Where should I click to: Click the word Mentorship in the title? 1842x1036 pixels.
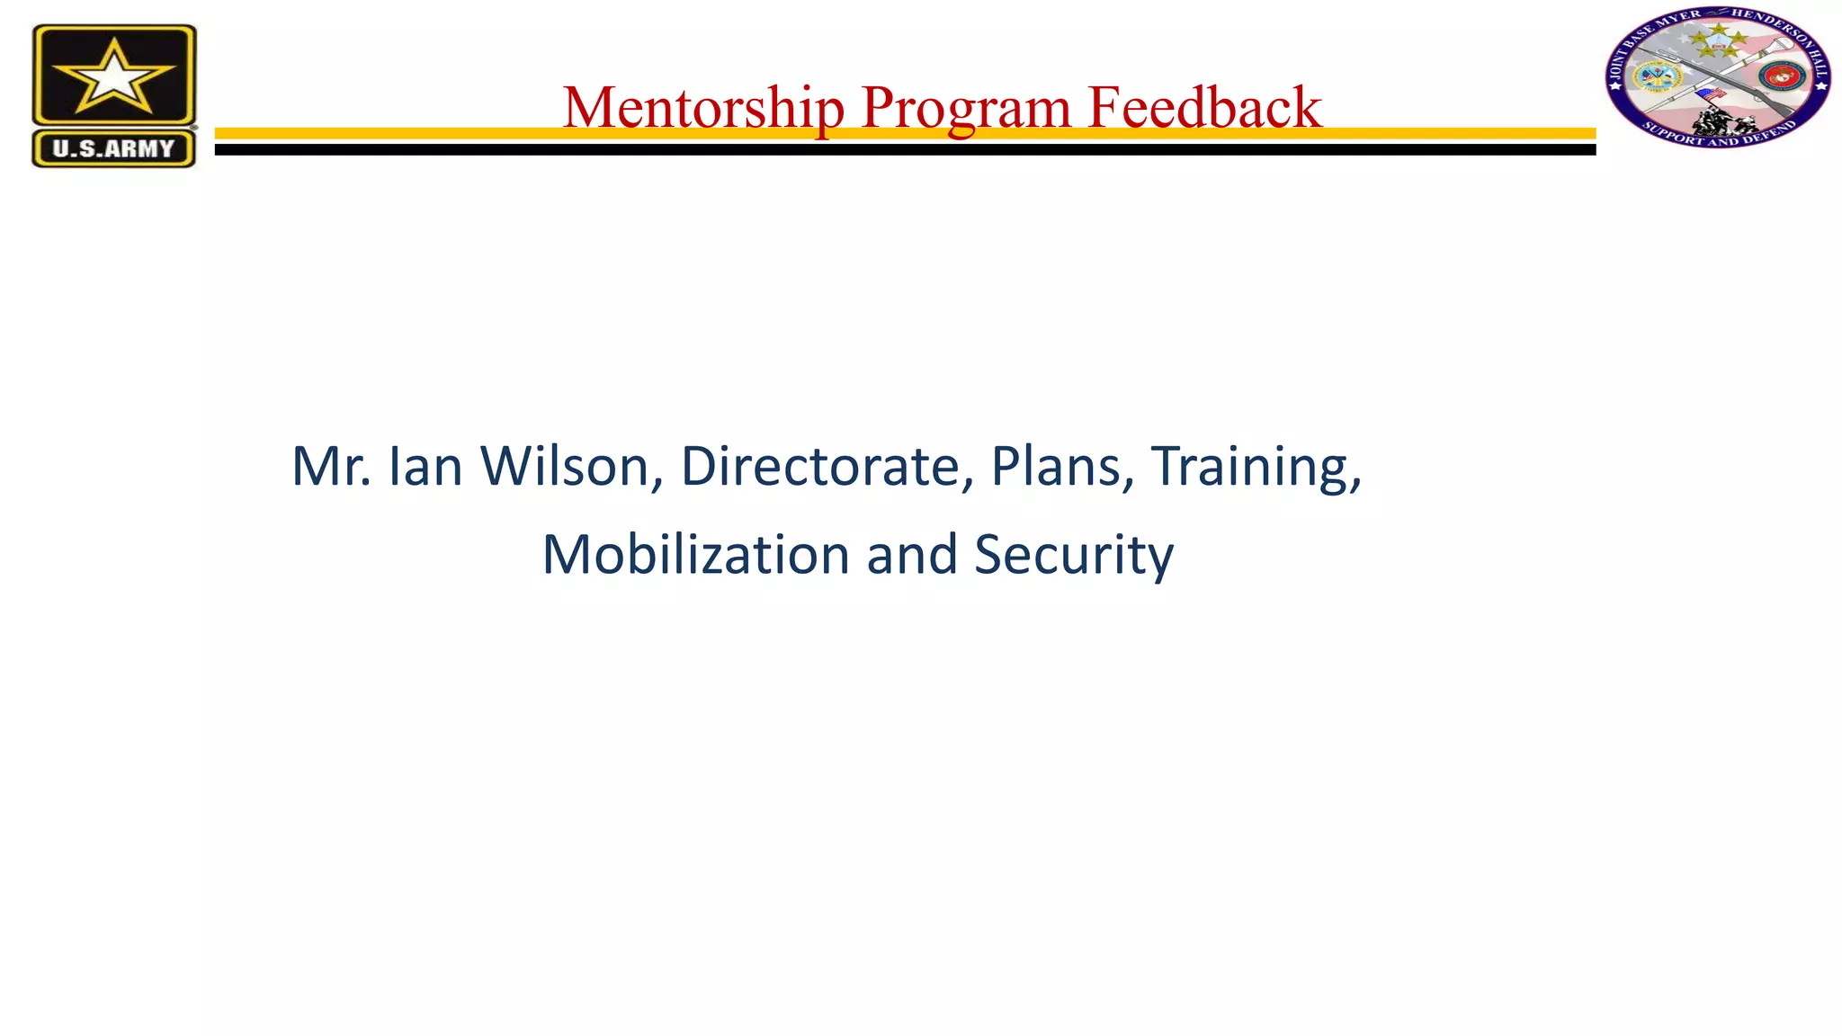tap(703, 108)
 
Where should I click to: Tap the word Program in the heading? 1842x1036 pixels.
tap(965, 108)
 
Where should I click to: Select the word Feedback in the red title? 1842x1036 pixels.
tap(1204, 108)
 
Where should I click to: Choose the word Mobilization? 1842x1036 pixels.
tap(695, 555)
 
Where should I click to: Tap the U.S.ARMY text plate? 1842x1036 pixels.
tap(114, 148)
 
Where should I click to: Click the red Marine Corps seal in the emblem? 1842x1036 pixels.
tap(1781, 77)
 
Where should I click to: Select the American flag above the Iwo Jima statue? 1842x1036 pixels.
tap(1710, 94)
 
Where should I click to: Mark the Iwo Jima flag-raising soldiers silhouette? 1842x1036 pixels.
tap(1720, 120)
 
